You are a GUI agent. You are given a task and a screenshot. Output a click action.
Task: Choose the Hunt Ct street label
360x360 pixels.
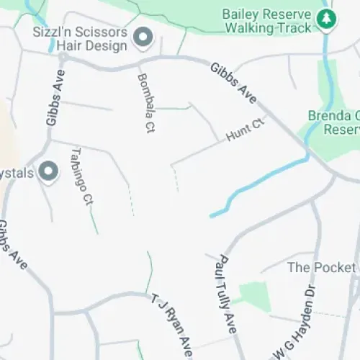coord(246,130)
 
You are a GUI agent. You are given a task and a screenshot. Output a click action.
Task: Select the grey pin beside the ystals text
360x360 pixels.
coord(48,172)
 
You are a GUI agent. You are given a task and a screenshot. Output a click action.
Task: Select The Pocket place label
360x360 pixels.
coord(321,268)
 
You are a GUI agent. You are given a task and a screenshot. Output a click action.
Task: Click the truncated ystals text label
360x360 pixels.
coord(18,173)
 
